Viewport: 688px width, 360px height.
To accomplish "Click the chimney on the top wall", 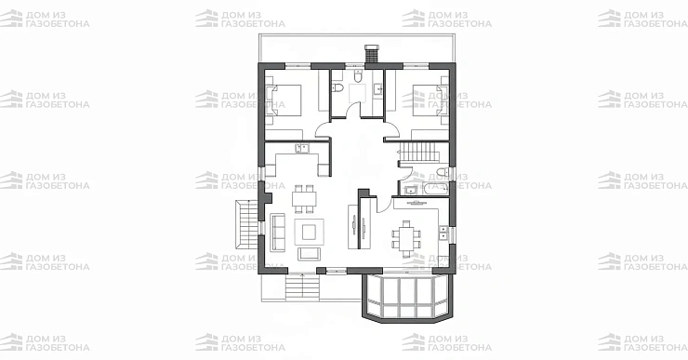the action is coord(372,54).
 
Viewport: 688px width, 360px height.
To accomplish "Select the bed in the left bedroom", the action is coord(284,100).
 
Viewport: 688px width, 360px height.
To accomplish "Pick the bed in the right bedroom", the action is coord(430,100).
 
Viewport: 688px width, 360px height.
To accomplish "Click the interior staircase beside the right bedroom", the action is coord(420,152).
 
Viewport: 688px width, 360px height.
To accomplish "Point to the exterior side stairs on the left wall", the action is coord(247,225).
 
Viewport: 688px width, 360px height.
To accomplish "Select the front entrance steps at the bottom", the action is coord(301,287).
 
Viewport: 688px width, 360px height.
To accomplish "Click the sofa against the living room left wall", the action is coord(277,232).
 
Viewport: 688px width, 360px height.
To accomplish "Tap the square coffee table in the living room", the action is coord(309,232).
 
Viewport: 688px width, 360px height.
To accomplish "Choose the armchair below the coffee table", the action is coord(310,254).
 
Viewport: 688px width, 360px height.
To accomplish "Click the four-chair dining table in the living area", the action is coord(305,199).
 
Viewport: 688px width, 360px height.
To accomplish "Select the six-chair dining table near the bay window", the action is coord(406,238).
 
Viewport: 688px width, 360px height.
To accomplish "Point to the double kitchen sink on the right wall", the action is coord(443,233).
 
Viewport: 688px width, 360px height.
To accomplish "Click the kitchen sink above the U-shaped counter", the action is coord(302,149).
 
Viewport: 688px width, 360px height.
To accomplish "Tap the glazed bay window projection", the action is coord(406,297).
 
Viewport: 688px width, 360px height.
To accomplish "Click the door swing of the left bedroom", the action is coord(323,129).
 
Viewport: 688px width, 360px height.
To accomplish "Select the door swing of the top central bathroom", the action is coord(351,110).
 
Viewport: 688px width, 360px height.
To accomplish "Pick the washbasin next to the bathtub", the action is coord(412,190).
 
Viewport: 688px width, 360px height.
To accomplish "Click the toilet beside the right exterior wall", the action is coord(443,172).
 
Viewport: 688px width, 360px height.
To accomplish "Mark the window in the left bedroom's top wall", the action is coord(298,66).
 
